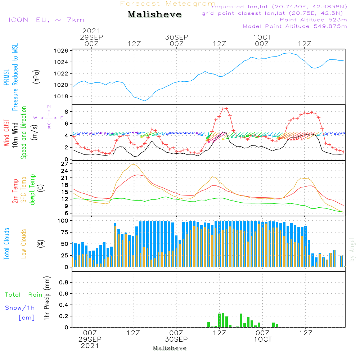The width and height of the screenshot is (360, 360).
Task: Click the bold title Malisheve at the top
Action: (155, 15)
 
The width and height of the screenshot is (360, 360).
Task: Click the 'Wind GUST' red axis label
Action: (6, 132)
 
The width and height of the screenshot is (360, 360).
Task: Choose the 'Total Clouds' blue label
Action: (6, 244)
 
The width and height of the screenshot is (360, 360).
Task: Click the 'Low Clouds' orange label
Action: (24, 244)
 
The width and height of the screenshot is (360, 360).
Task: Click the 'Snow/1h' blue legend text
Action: (20, 308)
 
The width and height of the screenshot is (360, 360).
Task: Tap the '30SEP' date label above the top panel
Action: (177, 37)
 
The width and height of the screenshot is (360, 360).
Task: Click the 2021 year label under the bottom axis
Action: (90, 346)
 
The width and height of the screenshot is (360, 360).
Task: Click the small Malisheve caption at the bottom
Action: (170, 348)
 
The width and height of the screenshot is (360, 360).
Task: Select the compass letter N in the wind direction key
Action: (49, 106)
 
